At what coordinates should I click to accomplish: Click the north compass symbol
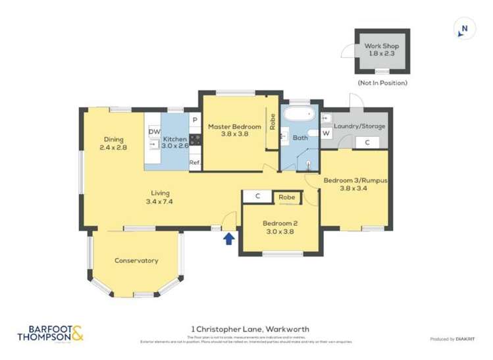[464, 28]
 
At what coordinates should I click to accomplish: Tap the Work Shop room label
[382, 46]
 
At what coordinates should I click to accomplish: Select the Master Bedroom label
[234, 126]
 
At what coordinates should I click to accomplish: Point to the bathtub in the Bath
[299, 116]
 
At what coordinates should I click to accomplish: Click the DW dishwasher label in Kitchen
[154, 132]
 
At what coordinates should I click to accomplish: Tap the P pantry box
[195, 120]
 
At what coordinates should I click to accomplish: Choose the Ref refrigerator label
[195, 162]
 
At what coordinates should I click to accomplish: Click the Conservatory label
[136, 261]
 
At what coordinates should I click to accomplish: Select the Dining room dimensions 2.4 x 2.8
[113, 148]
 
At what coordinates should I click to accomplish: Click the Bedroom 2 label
[281, 222]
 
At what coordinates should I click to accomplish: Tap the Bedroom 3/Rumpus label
[354, 180]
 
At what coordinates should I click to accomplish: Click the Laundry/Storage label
[360, 126]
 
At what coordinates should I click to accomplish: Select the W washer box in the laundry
[326, 133]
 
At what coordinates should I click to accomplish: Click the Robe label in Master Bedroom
[272, 122]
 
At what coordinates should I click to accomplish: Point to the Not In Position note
[382, 83]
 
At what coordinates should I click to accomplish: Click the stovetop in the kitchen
[195, 139]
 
